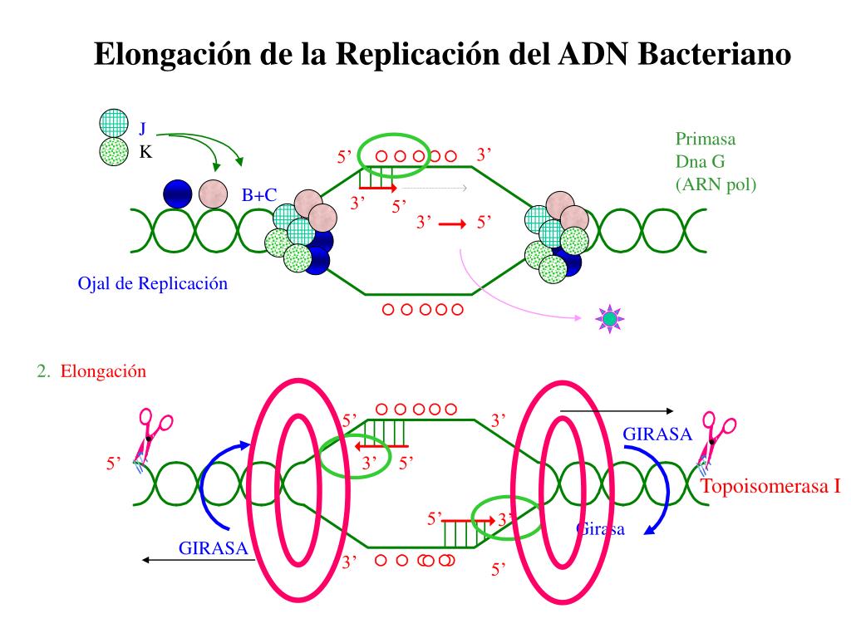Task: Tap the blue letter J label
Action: point(142,128)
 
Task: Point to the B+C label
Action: point(259,195)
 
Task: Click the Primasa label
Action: point(706,139)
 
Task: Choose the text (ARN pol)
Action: point(716,184)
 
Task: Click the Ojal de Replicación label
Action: point(152,283)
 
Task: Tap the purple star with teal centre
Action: point(610,318)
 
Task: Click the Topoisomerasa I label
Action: point(772,487)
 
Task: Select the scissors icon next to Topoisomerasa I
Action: point(717,436)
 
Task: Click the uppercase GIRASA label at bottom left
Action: point(214,547)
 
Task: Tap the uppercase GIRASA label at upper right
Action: point(657,433)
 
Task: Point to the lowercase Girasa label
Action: point(600,530)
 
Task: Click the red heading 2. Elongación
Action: point(91,371)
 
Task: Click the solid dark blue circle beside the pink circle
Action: point(178,194)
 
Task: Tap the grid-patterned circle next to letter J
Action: point(114,124)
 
